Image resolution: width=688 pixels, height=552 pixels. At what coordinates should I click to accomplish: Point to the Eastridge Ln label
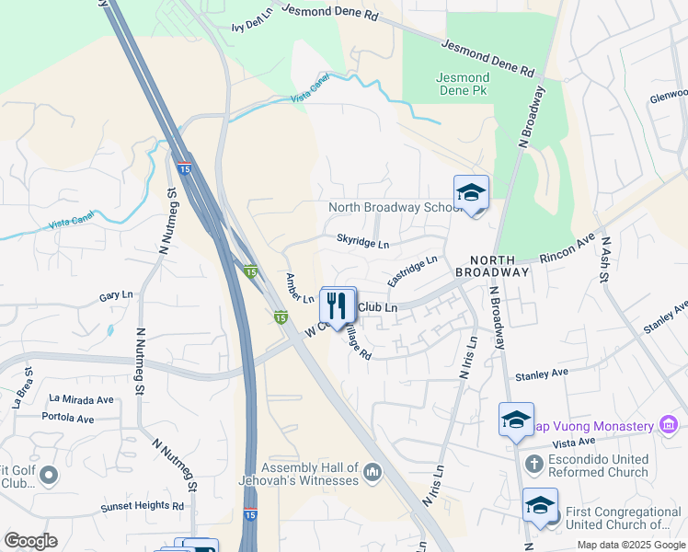click(411, 270)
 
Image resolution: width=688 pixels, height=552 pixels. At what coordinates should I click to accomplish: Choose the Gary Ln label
click(116, 296)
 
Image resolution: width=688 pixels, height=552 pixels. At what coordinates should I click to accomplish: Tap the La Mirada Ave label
click(81, 399)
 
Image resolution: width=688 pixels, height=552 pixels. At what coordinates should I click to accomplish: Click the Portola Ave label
click(68, 418)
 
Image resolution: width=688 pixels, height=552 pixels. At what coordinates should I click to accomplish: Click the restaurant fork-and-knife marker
click(338, 304)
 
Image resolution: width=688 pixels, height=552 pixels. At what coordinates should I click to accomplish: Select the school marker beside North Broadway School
click(471, 192)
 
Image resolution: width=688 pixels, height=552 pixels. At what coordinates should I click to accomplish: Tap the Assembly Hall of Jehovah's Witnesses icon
click(373, 473)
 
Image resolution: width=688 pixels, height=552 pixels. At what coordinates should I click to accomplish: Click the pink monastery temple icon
click(669, 425)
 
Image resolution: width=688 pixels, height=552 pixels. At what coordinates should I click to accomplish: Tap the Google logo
click(30, 541)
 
